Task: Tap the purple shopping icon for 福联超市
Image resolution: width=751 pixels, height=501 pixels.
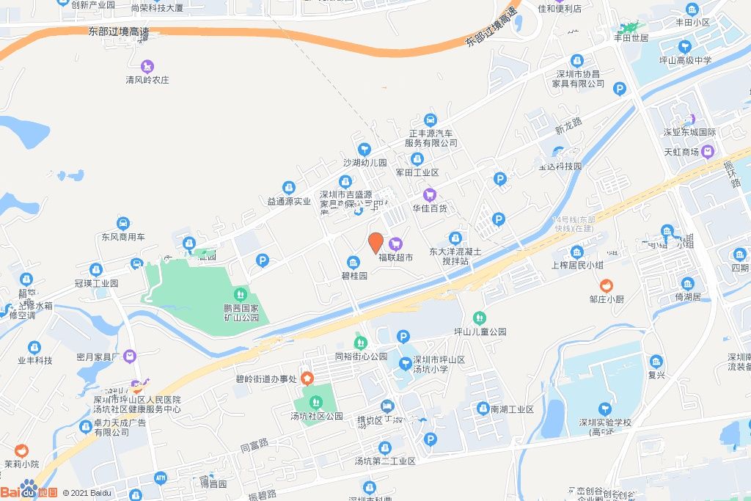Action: coord(396,243)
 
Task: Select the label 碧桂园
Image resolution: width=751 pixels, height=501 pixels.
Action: coord(353,277)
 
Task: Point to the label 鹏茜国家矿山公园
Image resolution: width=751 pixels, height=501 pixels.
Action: coord(242,313)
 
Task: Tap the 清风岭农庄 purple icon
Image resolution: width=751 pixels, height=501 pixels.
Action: coord(147,66)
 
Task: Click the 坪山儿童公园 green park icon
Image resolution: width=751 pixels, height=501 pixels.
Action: coord(480,318)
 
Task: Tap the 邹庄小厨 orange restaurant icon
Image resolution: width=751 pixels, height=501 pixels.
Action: coord(607,285)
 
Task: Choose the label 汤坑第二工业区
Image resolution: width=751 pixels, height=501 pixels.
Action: coord(385,461)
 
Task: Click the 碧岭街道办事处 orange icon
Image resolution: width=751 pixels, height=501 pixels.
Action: coord(307,379)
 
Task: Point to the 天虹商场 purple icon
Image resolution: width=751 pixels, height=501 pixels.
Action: coord(707,152)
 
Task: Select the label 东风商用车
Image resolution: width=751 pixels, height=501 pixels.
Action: coord(123,237)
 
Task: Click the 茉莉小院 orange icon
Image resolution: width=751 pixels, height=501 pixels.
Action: coord(21,450)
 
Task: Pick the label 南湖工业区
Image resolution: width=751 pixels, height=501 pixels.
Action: coord(512,409)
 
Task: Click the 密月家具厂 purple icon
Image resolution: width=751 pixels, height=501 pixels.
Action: coord(130,356)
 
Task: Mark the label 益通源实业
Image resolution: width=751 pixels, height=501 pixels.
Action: coord(289,201)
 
